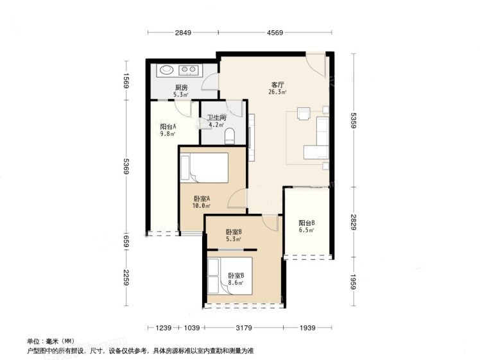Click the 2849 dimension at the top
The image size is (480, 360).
point(183,33)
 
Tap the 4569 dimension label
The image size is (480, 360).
point(275,33)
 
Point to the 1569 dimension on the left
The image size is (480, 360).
point(126,80)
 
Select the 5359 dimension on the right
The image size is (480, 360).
point(354,120)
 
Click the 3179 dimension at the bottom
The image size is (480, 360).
point(244,328)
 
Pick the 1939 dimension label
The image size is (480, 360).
point(307,328)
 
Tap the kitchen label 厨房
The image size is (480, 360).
point(181,88)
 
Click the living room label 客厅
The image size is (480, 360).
point(278,85)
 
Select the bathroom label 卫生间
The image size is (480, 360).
point(217,117)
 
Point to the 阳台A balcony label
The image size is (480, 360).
point(168,126)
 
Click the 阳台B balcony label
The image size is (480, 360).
point(307,223)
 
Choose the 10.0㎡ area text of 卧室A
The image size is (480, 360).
point(201,206)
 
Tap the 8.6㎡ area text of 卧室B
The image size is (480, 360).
point(236,282)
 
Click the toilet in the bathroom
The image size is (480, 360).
point(230,136)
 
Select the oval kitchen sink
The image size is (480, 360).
point(167,70)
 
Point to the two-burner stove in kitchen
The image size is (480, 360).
point(189,71)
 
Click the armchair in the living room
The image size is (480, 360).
point(304,113)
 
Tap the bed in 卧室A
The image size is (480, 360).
point(204,167)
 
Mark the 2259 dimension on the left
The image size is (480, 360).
point(126,277)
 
